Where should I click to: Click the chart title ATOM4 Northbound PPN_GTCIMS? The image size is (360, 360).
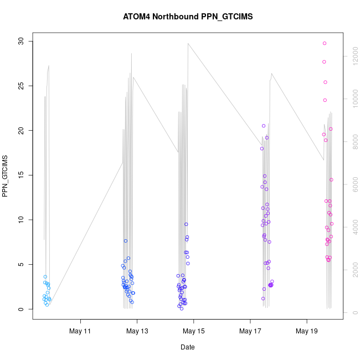click(x=188, y=17)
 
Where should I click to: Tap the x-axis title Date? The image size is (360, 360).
click(x=187, y=347)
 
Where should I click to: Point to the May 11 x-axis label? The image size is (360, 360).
click(x=81, y=331)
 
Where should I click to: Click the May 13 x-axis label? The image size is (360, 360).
click(x=137, y=331)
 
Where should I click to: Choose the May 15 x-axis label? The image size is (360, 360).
click(x=194, y=331)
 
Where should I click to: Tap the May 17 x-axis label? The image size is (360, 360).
click(x=250, y=331)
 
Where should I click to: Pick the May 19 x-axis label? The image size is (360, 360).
click(x=307, y=331)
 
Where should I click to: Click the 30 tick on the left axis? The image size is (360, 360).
click(x=22, y=41)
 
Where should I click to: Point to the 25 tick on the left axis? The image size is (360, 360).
click(x=22, y=86)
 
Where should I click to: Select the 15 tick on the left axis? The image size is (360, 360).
click(x=22, y=175)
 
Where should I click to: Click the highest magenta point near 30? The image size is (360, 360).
click(x=325, y=43)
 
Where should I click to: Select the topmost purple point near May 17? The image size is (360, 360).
click(x=264, y=126)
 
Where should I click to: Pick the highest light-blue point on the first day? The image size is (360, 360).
click(x=45, y=276)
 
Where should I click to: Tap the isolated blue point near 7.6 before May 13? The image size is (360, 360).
click(x=126, y=241)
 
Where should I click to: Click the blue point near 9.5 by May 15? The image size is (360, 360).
click(x=186, y=224)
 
